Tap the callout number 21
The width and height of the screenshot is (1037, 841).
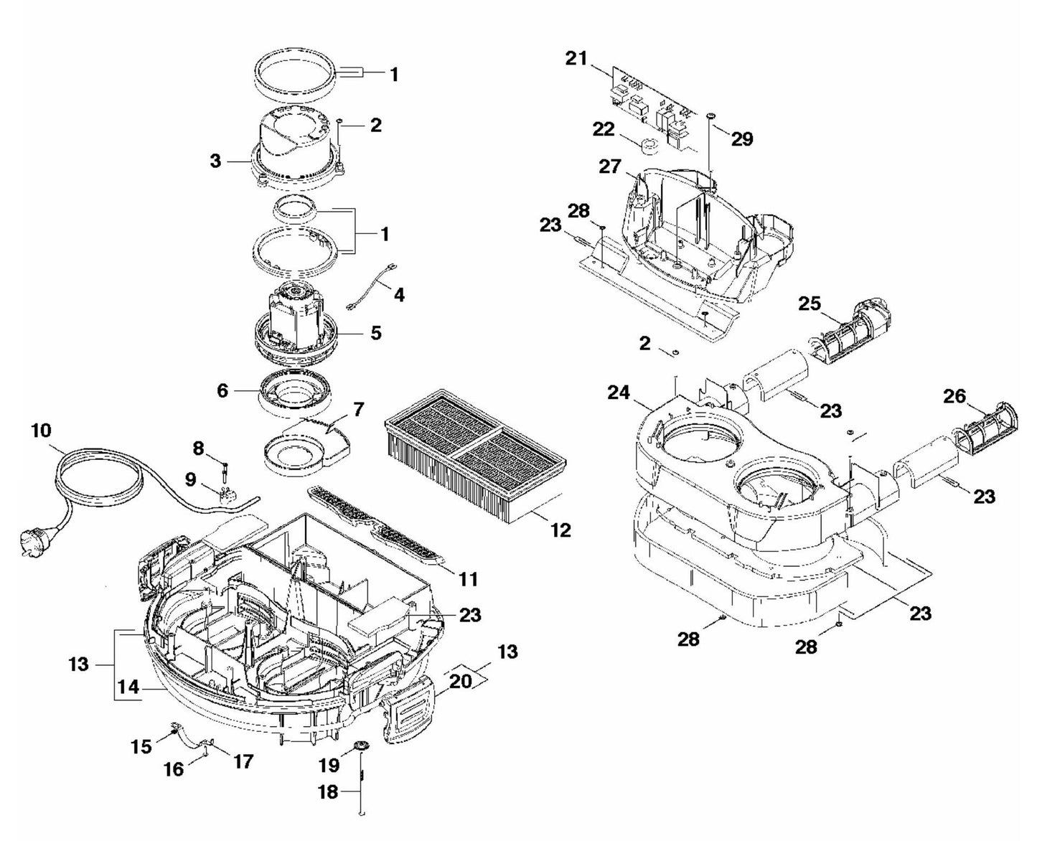pos(576,59)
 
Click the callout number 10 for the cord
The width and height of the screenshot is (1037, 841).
pos(41,431)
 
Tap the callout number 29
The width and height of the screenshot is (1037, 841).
pos(742,138)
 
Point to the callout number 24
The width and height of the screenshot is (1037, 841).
pos(618,393)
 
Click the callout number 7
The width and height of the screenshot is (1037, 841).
pos(358,410)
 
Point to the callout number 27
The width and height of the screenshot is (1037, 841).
pos(610,166)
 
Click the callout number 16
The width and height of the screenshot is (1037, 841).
pos(174,769)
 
